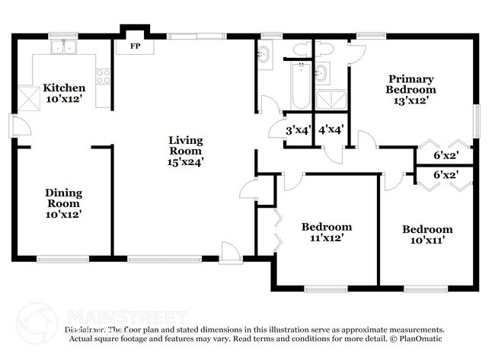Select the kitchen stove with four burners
(x=103, y=75)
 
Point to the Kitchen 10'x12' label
(x=63, y=94)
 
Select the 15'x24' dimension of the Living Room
(x=186, y=161)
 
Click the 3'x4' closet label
(x=297, y=130)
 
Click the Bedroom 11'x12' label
(x=327, y=232)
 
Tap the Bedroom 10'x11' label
(x=427, y=234)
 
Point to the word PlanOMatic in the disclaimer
(x=417, y=338)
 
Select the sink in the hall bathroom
(x=263, y=56)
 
